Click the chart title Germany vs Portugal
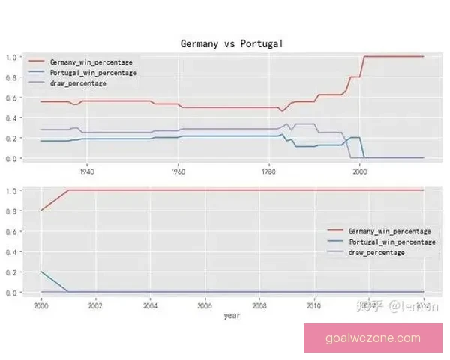231,44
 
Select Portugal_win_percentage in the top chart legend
92,72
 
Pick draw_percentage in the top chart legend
77,83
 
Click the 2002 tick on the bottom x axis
95,305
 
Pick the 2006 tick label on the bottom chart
205,305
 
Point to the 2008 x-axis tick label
259,305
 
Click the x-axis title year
232,316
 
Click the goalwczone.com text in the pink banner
373,338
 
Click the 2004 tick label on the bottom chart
150,305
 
